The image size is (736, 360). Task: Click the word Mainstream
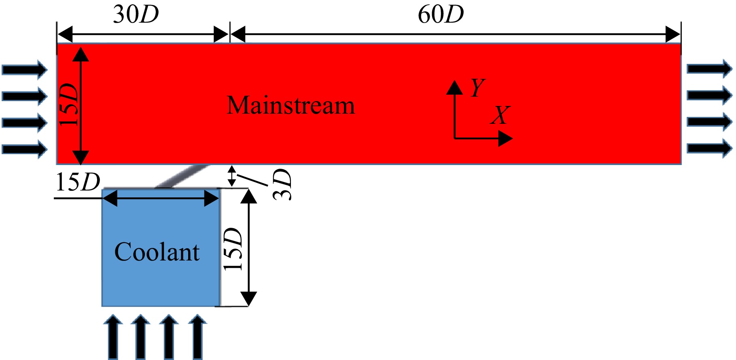[x=291, y=106]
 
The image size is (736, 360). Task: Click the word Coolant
[x=157, y=252]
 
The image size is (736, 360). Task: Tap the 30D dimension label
[x=136, y=15]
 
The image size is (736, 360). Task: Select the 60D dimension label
[x=441, y=15]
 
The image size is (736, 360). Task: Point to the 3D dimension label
[x=282, y=184]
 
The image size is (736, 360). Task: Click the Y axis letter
[x=477, y=87]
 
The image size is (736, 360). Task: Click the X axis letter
[x=500, y=115]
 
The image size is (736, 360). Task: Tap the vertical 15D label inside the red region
[x=68, y=105]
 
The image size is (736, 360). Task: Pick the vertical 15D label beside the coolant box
[x=233, y=249]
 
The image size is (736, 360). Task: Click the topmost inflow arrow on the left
[x=25, y=70]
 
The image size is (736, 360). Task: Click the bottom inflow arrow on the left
[x=25, y=149]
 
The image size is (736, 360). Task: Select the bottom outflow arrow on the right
[x=710, y=148]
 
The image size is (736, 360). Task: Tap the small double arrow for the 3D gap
[x=231, y=176]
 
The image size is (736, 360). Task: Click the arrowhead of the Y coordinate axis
[x=454, y=87]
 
